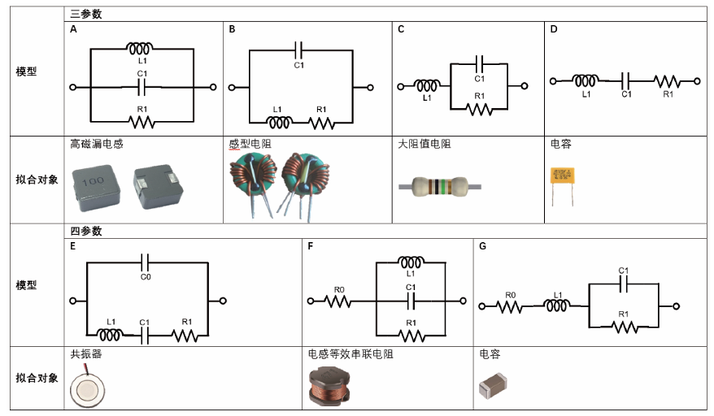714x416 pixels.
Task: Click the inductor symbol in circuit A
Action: (139, 48)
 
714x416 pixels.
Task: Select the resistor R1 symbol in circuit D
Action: (667, 82)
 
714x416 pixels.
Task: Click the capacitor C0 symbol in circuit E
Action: (146, 262)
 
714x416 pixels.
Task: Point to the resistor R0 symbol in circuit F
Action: (337, 301)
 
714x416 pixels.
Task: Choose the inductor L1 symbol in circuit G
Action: (557, 305)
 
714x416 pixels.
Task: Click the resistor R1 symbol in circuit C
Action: (479, 109)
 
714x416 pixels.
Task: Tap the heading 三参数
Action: (85, 14)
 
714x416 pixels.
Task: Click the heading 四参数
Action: (85, 232)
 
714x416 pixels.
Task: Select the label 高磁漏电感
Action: (97, 145)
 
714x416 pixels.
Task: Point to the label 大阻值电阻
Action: (424, 145)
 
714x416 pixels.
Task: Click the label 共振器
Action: (86, 354)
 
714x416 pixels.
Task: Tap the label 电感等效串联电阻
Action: (350, 354)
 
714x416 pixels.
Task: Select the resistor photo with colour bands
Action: (440, 187)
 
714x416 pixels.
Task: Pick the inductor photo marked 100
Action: (95, 188)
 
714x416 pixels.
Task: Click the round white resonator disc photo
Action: (87, 390)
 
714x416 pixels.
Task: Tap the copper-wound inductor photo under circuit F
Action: (329, 386)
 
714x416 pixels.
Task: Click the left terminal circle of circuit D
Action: (553, 81)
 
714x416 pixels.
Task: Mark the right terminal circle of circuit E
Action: (223, 301)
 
